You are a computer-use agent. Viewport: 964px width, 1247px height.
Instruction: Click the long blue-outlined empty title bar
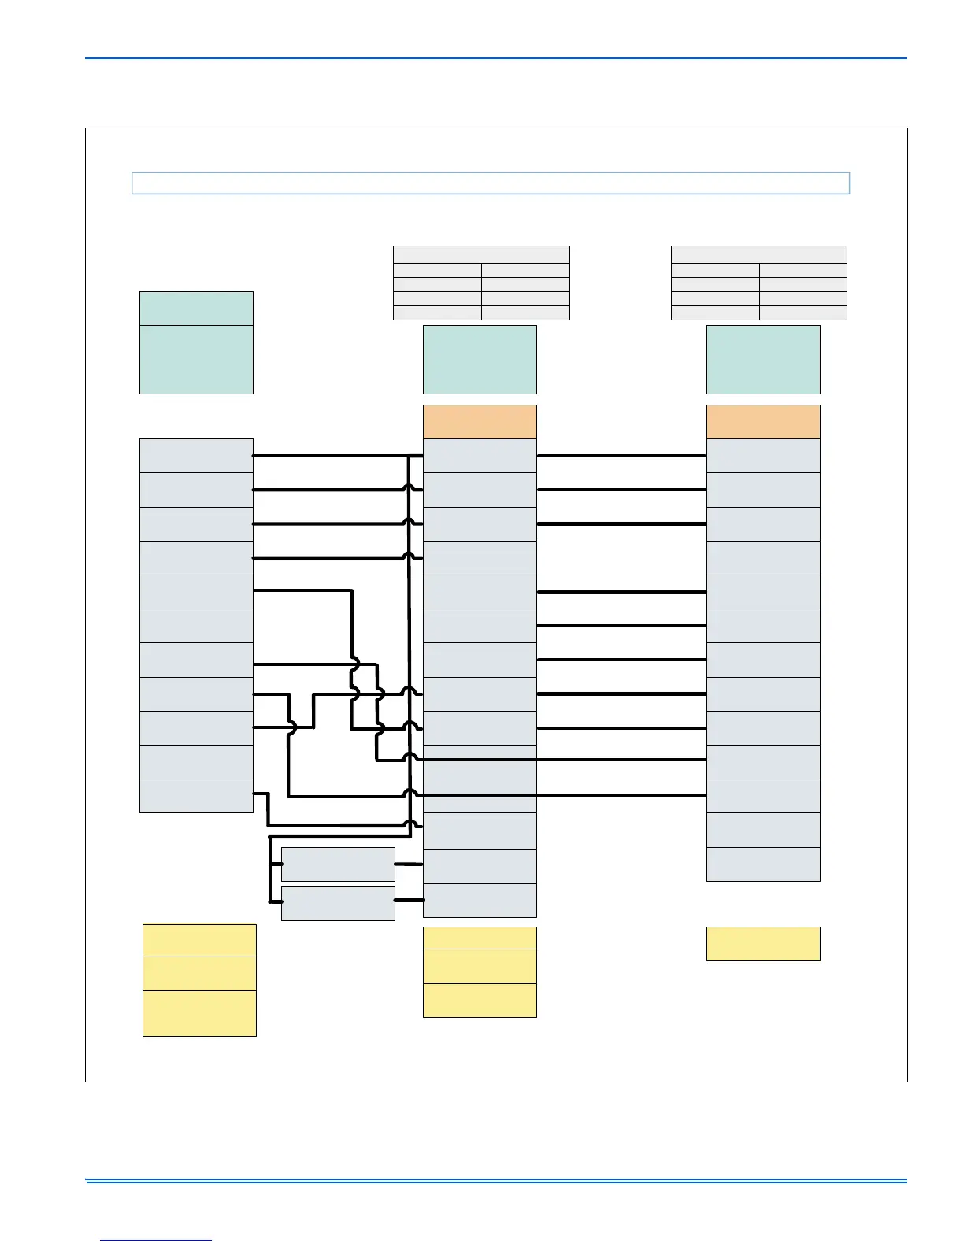[x=490, y=183]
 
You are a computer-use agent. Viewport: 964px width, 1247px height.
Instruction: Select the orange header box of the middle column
[x=480, y=422]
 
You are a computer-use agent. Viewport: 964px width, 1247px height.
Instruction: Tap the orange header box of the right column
[x=763, y=422]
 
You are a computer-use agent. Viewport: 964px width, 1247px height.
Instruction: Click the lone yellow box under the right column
[x=763, y=943]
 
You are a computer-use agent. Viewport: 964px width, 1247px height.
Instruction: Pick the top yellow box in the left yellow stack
[x=199, y=940]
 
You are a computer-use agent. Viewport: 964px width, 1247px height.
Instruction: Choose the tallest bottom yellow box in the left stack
[x=199, y=1013]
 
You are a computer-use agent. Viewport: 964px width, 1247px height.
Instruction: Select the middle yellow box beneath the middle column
[x=480, y=966]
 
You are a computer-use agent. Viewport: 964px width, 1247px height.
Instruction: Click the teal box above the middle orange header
[x=480, y=360]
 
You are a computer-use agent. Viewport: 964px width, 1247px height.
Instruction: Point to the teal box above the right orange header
[x=763, y=360]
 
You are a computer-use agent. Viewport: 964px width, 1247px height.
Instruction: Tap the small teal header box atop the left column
[x=196, y=309]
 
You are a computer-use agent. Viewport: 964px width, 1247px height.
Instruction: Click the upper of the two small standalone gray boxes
[x=338, y=864]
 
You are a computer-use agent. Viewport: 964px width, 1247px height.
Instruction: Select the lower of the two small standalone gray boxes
[x=338, y=903]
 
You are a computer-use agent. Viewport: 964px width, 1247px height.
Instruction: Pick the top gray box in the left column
[x=196, y=456]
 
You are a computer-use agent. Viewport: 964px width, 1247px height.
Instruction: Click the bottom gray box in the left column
[x=196, y=795]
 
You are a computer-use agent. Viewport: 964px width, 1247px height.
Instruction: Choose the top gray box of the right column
[x=763, y=456]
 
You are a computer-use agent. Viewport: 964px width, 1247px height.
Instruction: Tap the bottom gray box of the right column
[x=763, y=864]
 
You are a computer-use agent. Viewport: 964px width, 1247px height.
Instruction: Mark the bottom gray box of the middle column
[x=480, y=901]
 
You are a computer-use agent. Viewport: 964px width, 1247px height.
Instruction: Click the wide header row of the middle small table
[x=481, y=254]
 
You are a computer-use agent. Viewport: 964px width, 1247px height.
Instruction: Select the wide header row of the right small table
[x=758, y=254]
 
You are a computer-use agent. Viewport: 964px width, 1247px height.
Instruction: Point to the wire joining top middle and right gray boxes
[x=621, y=456]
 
